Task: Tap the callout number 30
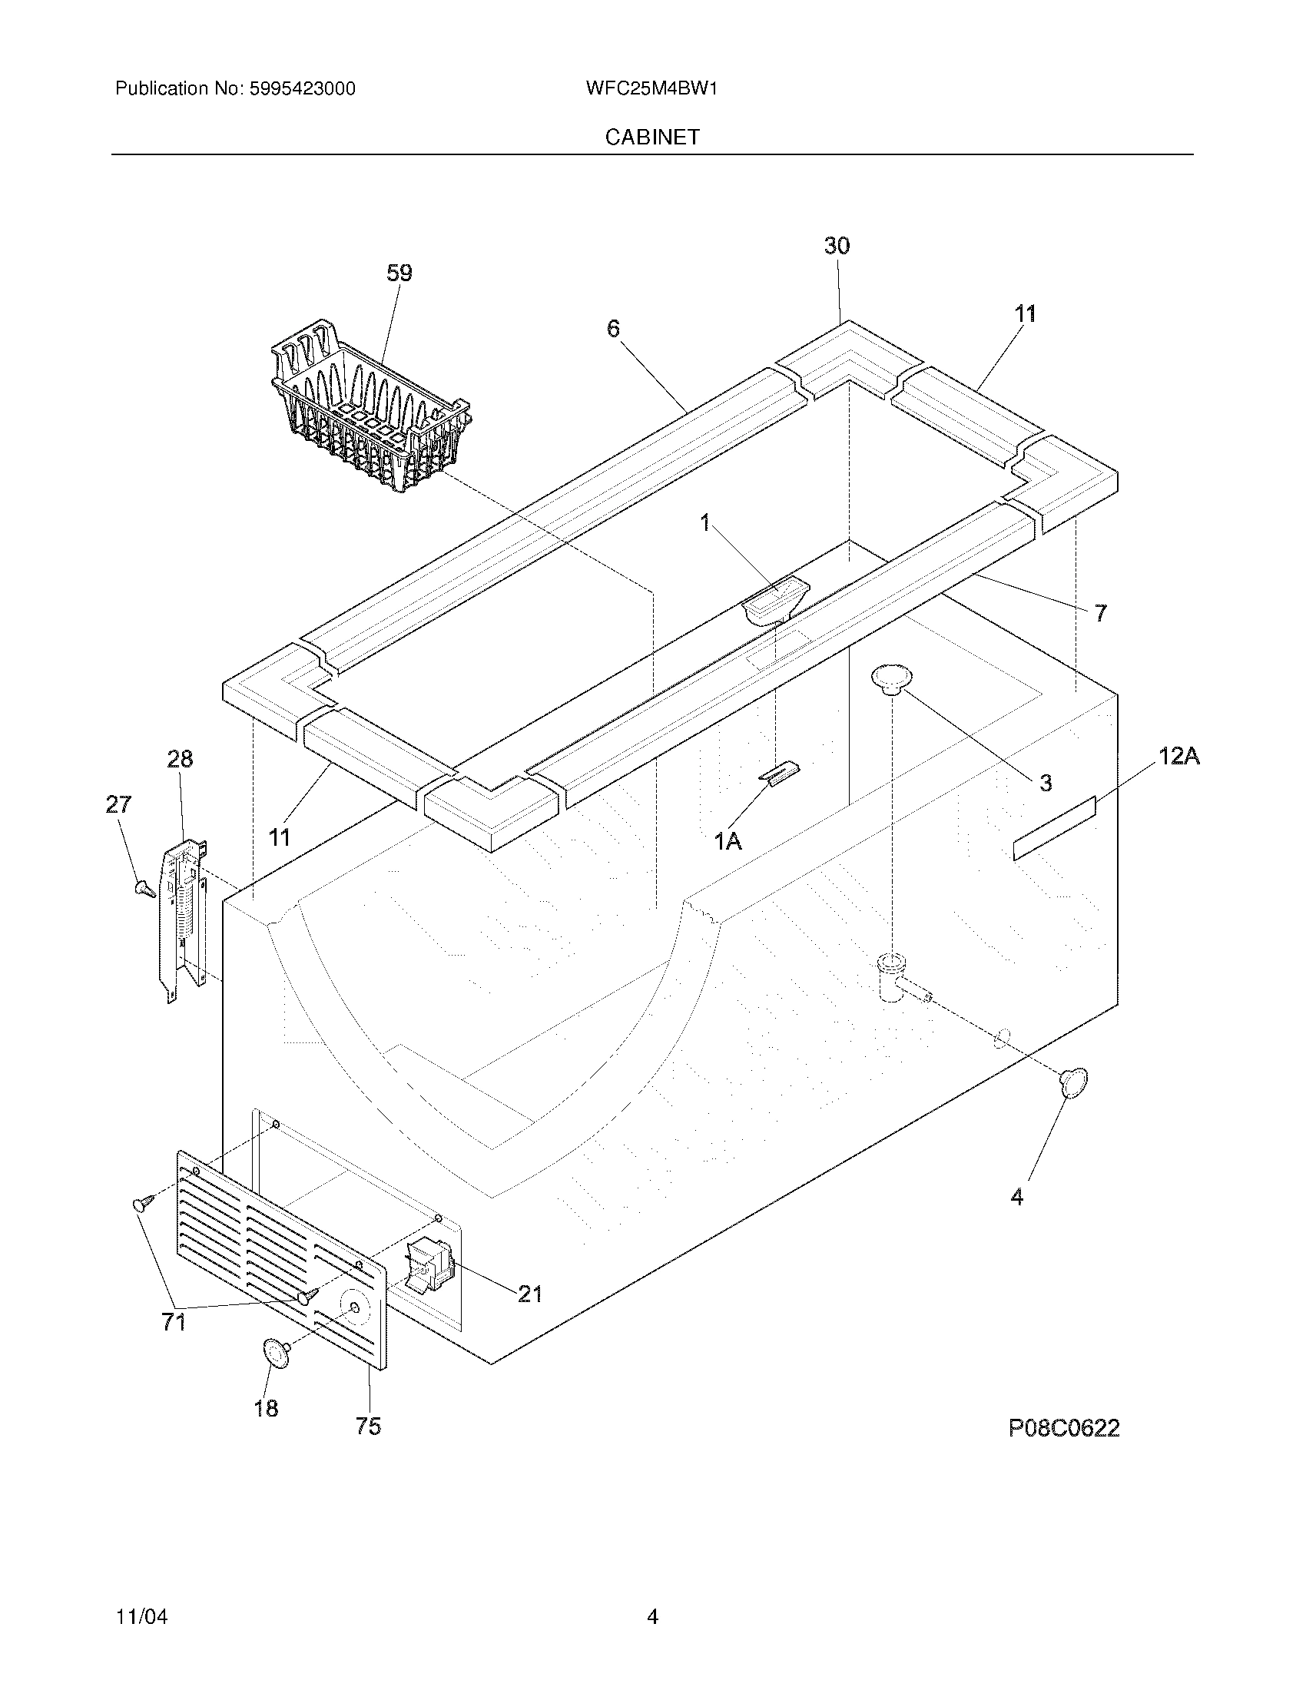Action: click(x=837, y=246)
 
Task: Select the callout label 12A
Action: click(x=1178, y=756)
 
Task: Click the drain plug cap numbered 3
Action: click(x=892, y=678)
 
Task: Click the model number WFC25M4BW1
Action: click(x=651, y=89)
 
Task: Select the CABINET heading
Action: click(x=652, y=137)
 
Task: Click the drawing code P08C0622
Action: click(x=1064, y=1428)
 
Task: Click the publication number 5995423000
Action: click(x=302, y=89)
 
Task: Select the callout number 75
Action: click(x=368, y=1427)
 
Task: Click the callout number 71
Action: click(x=174, y=1323)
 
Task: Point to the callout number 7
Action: click(x=1100, y=613)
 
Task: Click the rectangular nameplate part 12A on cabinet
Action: click(x=1055, y=829)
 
